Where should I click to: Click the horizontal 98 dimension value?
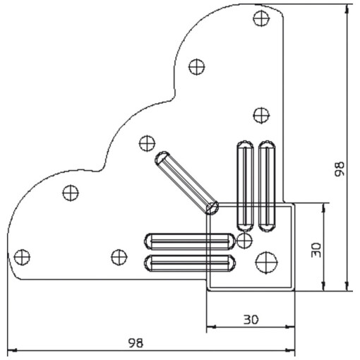136,342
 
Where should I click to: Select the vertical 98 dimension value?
340,169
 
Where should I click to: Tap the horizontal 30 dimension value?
250,319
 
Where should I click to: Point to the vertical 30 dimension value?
316,248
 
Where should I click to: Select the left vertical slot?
244,184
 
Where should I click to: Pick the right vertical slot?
267,184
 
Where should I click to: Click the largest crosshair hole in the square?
267,261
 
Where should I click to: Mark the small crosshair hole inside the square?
244,241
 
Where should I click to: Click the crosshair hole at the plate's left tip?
23,256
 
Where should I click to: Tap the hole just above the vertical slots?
260,114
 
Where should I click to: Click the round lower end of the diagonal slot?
211,208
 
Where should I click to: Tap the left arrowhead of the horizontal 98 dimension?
13,350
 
